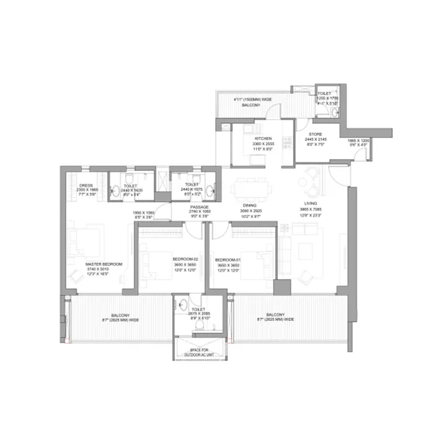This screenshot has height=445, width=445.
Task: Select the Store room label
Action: pyautogui.click(x=316, y=134)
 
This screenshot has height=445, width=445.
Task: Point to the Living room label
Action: pyautogui.click(x=310, y=203)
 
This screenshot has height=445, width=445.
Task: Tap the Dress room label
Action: pyautogui.click(x=85, y=186)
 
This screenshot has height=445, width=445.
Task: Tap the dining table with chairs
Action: pyautogui.click(x=251, y=188)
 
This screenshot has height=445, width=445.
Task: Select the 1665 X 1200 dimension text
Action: pyautogui.click(x=358, y=140)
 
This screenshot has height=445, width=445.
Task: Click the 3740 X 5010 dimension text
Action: pyautogui.click(x=98, y=269)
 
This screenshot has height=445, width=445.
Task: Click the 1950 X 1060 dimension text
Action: pyautogui.click(x=143, y=213)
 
